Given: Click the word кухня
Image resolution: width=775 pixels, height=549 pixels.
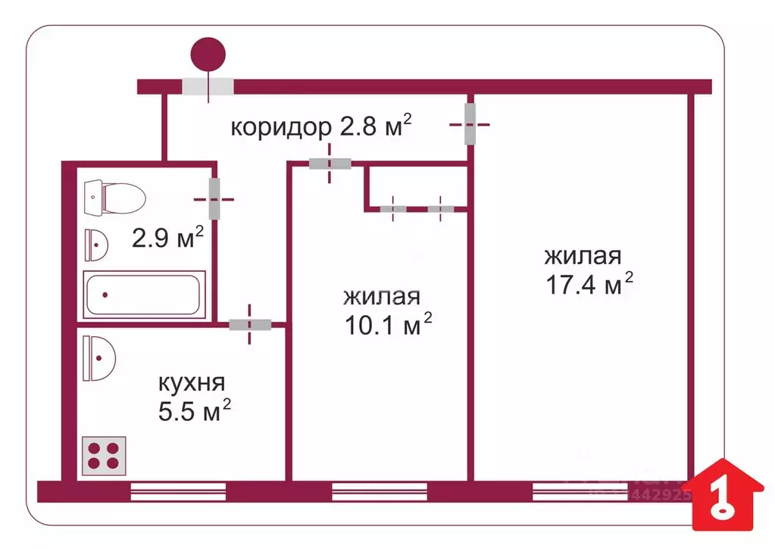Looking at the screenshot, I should coord(192,382).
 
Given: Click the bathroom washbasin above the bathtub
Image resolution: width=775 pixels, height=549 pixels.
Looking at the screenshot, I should coord(96,243).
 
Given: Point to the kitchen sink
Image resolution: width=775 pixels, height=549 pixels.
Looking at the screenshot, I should coord(98,358).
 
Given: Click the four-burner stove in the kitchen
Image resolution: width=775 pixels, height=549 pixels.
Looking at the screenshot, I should coord(103,454).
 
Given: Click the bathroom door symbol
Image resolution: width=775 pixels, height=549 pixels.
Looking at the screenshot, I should coord(214,198).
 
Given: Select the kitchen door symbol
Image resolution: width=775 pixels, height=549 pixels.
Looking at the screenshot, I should coord(250,325).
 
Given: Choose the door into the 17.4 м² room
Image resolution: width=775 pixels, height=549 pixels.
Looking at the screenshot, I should coord(470,123).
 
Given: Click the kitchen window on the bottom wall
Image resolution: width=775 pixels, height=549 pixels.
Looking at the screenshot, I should coord(179,492).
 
